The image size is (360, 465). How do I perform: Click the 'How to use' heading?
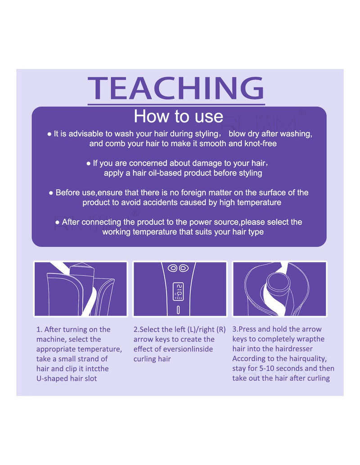point(178,116)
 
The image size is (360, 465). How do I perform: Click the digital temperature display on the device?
point(178,292)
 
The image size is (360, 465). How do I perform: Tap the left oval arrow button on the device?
point(172,268)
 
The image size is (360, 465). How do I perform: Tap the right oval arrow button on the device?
point(184,268)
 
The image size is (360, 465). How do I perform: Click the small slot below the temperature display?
point(178,310)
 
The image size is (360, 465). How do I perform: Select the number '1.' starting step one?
point(39,330)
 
